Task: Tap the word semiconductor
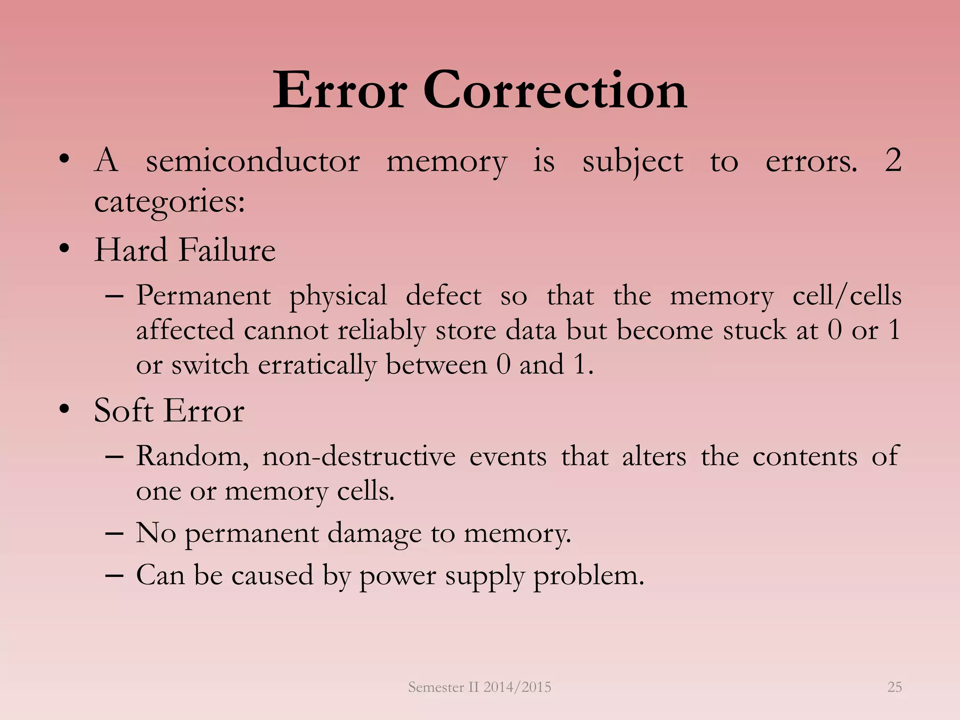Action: point(253,161)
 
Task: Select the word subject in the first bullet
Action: point(633,162)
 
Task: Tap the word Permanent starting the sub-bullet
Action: point(203,296)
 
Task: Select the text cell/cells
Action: point(847,296)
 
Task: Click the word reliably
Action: point(381,330)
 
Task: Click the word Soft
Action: point(124,411)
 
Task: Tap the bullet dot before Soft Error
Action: point(65,408)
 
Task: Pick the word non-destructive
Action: point(359,456)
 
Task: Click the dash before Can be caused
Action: point(114,575)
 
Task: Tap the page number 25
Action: point(894,687)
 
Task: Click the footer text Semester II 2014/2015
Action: point(480,687)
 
